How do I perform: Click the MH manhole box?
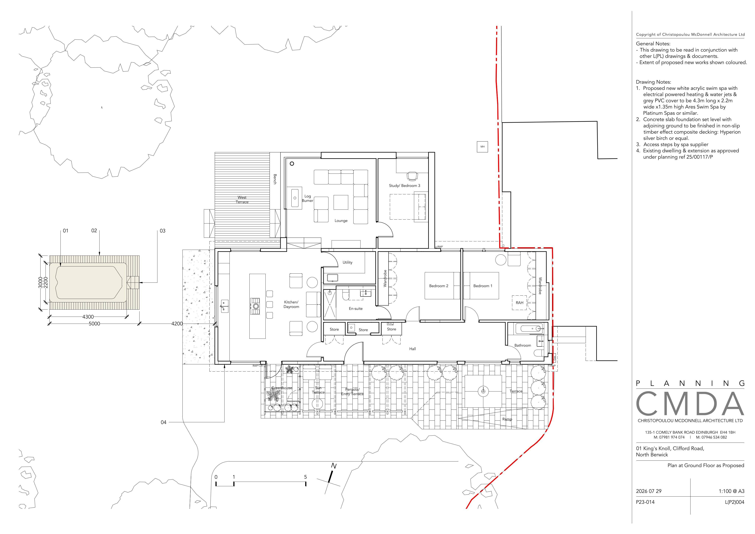coord(482,147)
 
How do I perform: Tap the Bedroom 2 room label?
coord(439,286)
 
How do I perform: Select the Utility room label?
coord(348,263)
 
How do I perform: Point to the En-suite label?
coord(356,309)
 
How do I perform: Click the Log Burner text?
coord(307,198)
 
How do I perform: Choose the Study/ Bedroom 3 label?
coord(404,185)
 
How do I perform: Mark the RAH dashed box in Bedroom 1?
coord(520,303)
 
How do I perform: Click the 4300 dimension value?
coord(88,317)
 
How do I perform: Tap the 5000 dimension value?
coord(94,324)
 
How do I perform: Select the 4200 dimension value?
coord(177,324)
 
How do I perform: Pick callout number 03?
coord(162,231)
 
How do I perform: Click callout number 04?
coord(163,422)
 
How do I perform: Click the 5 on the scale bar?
coord(305,477)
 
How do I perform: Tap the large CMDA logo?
coord(690,404)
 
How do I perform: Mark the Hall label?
coord(413,349)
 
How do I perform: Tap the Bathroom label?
coord(523,346)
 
